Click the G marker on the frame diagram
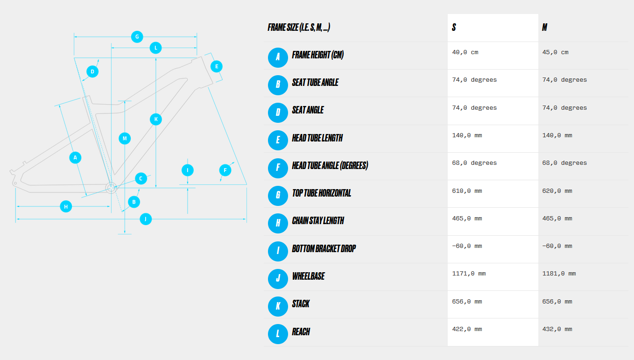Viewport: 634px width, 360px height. pos(137,37)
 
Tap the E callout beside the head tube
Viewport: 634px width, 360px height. pos(217,66)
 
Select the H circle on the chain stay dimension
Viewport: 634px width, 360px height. pos(66,206)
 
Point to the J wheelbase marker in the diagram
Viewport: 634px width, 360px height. pos(146,219)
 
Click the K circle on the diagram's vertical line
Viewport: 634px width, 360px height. pos(156,119)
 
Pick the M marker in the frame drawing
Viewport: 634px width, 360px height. pos(125,138)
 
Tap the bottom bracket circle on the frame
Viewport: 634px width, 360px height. pos(111,188)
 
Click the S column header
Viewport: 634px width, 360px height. pos(454,28)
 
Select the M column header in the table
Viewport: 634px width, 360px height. pos(544,28)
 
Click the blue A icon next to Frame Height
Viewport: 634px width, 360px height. pos(278,57)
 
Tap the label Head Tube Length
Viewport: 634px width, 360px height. pos(317,138)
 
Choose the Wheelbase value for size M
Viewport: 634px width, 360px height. pos(559,274)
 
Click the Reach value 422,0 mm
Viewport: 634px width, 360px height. pos(467,329)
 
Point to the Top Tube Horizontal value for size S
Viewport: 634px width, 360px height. pos(467,191)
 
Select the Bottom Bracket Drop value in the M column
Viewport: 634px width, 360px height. pos(557,246)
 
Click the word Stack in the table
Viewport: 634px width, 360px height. pos(301,304)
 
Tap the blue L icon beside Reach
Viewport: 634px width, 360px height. pos(278,334)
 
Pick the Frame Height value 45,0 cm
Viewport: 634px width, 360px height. pos(555,52)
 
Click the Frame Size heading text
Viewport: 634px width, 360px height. pos(299,28)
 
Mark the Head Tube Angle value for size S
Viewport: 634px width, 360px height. pos(474,163)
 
